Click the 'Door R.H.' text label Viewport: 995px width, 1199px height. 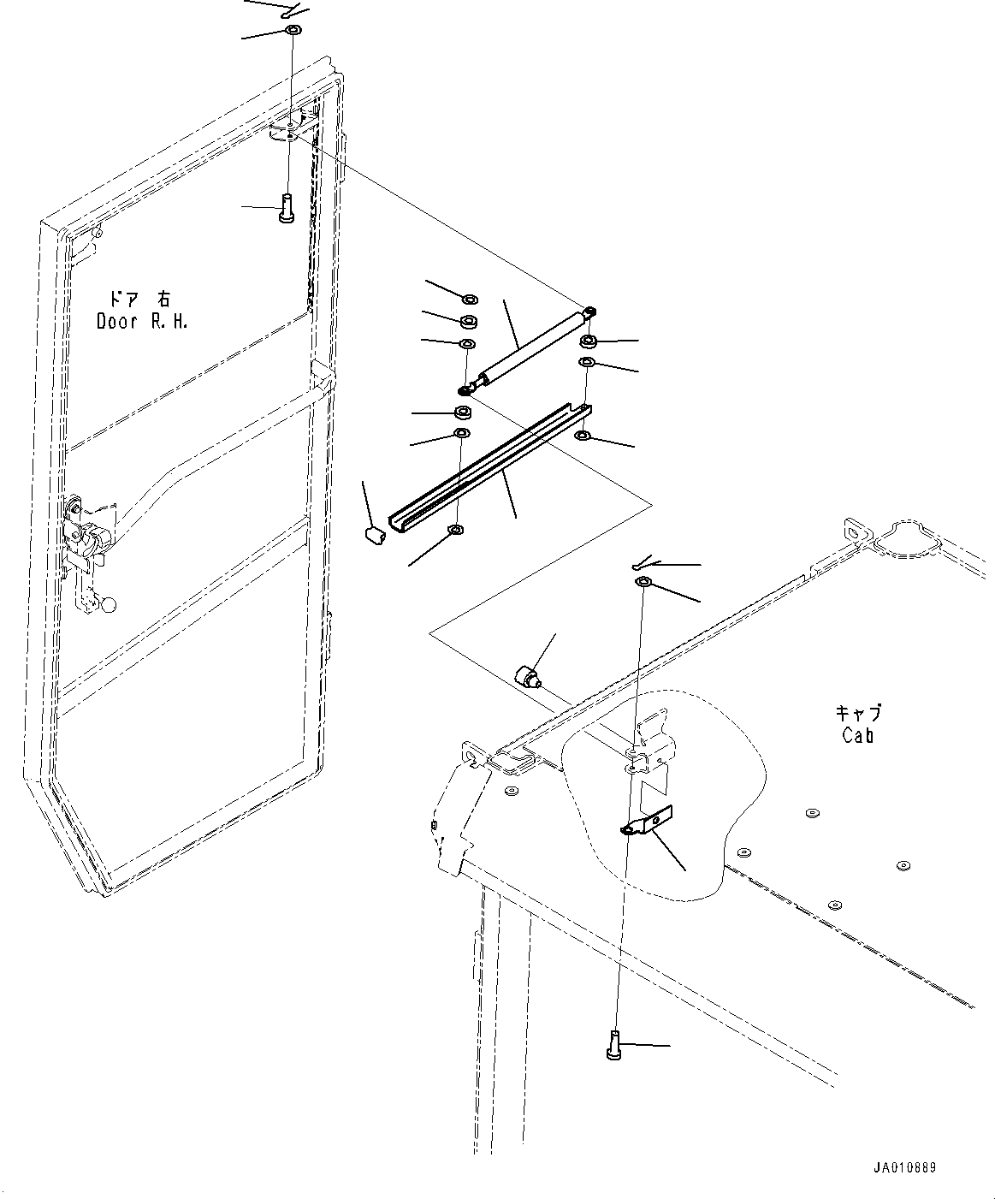click(x=141, y=322)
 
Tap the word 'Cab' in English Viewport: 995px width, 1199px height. click(x=857, y=734)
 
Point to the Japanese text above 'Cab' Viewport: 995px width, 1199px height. click(x=858, y=712)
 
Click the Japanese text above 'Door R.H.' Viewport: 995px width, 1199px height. click(x=139, y=299)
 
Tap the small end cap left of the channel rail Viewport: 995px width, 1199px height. click(x=373, y=536)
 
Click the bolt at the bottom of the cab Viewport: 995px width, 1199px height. click(x=613, y=1046)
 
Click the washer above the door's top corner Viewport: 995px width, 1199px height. click(x=293, y=32)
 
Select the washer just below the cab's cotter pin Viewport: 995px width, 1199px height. click(x=643, y=583)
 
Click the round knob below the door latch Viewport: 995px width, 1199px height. click(x=109, y=605)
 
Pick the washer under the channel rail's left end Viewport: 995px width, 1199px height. click(x=456, y=531)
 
